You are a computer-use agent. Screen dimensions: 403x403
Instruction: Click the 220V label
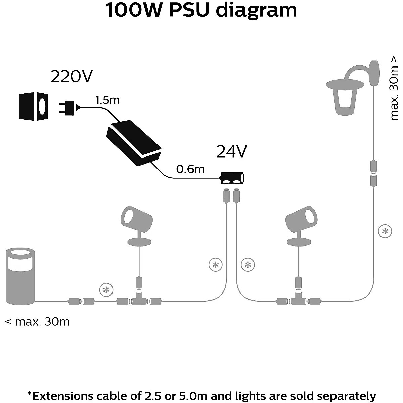click(x=71, y=77)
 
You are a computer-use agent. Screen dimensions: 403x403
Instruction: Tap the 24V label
click(x=232, y=152)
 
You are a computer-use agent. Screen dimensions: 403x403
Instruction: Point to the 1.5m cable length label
click(x=107, y=100)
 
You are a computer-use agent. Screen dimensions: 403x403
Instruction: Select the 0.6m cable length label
click(x=190, y=169)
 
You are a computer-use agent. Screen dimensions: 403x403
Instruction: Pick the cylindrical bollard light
click(x=21, y=275)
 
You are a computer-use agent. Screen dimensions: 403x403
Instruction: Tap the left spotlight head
click(x=136, y=218)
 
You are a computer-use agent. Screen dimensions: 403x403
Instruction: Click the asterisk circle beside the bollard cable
click(x=106, y=290)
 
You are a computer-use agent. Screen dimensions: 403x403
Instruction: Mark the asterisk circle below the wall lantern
click(x=385, y=231)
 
